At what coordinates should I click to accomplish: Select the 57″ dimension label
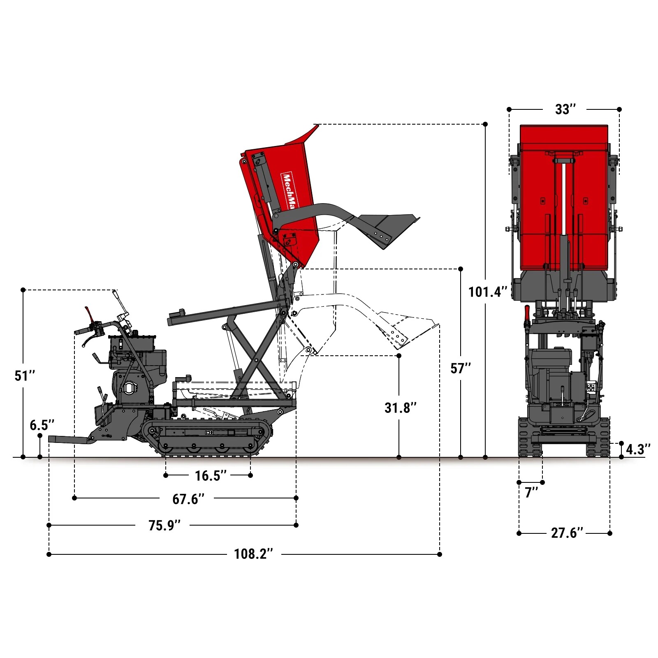click(461, 368)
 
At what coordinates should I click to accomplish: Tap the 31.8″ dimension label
click(400, 408)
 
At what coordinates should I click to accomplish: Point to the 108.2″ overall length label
click(253, 554)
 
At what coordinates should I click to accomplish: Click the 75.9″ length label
click(164, 525)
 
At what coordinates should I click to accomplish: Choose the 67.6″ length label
click(188, 498)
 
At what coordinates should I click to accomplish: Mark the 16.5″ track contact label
click(210, 475)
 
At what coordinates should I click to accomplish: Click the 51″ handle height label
click(25, 375)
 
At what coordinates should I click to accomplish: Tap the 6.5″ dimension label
click(42, 425)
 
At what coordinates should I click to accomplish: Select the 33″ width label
click(565, 109)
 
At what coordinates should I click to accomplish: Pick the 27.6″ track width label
click(567, 533)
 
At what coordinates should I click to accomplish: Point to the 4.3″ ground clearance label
click(638, 449)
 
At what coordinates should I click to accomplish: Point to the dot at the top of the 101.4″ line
click(485, 124)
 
